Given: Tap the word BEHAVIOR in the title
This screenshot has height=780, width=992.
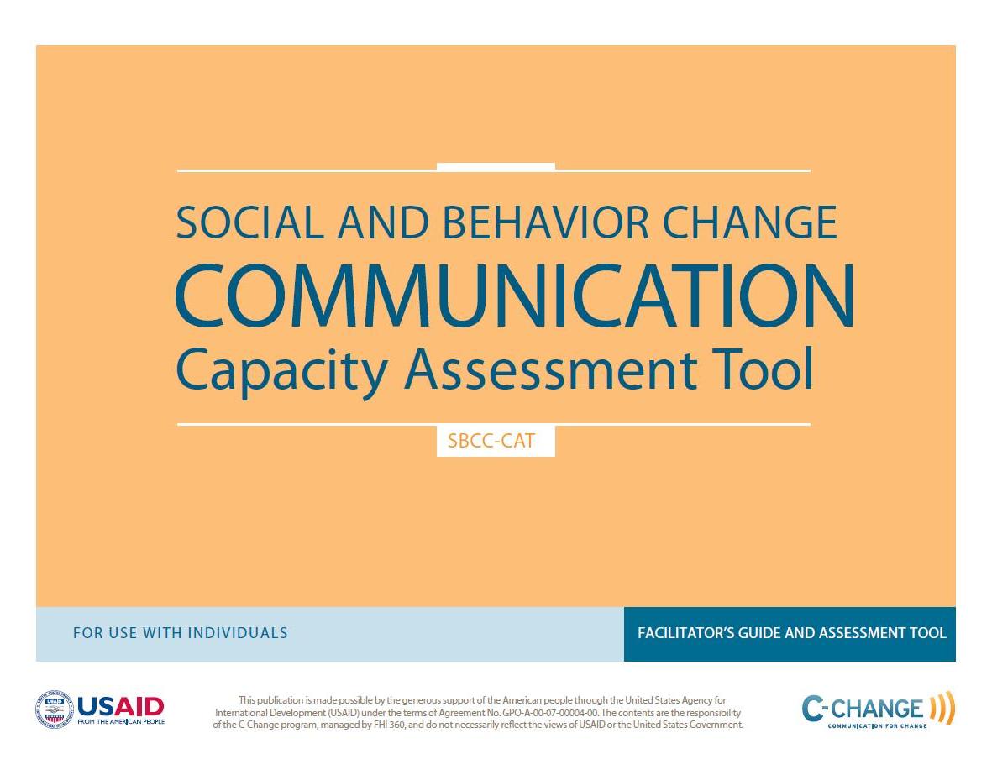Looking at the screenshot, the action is point(546,222).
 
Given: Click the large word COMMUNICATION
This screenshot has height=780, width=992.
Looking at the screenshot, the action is point(515,296).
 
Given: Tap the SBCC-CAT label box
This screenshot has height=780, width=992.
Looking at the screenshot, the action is point(496,440).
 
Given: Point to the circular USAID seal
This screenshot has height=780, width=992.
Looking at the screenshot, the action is point(55,709).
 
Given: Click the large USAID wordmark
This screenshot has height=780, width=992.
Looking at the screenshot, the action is point(121,706).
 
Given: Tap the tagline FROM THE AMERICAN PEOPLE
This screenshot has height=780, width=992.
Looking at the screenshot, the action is point(121,721).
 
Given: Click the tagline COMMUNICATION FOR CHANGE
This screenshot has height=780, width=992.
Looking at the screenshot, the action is point(878,725).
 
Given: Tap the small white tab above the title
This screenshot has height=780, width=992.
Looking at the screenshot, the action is point(496,167).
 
